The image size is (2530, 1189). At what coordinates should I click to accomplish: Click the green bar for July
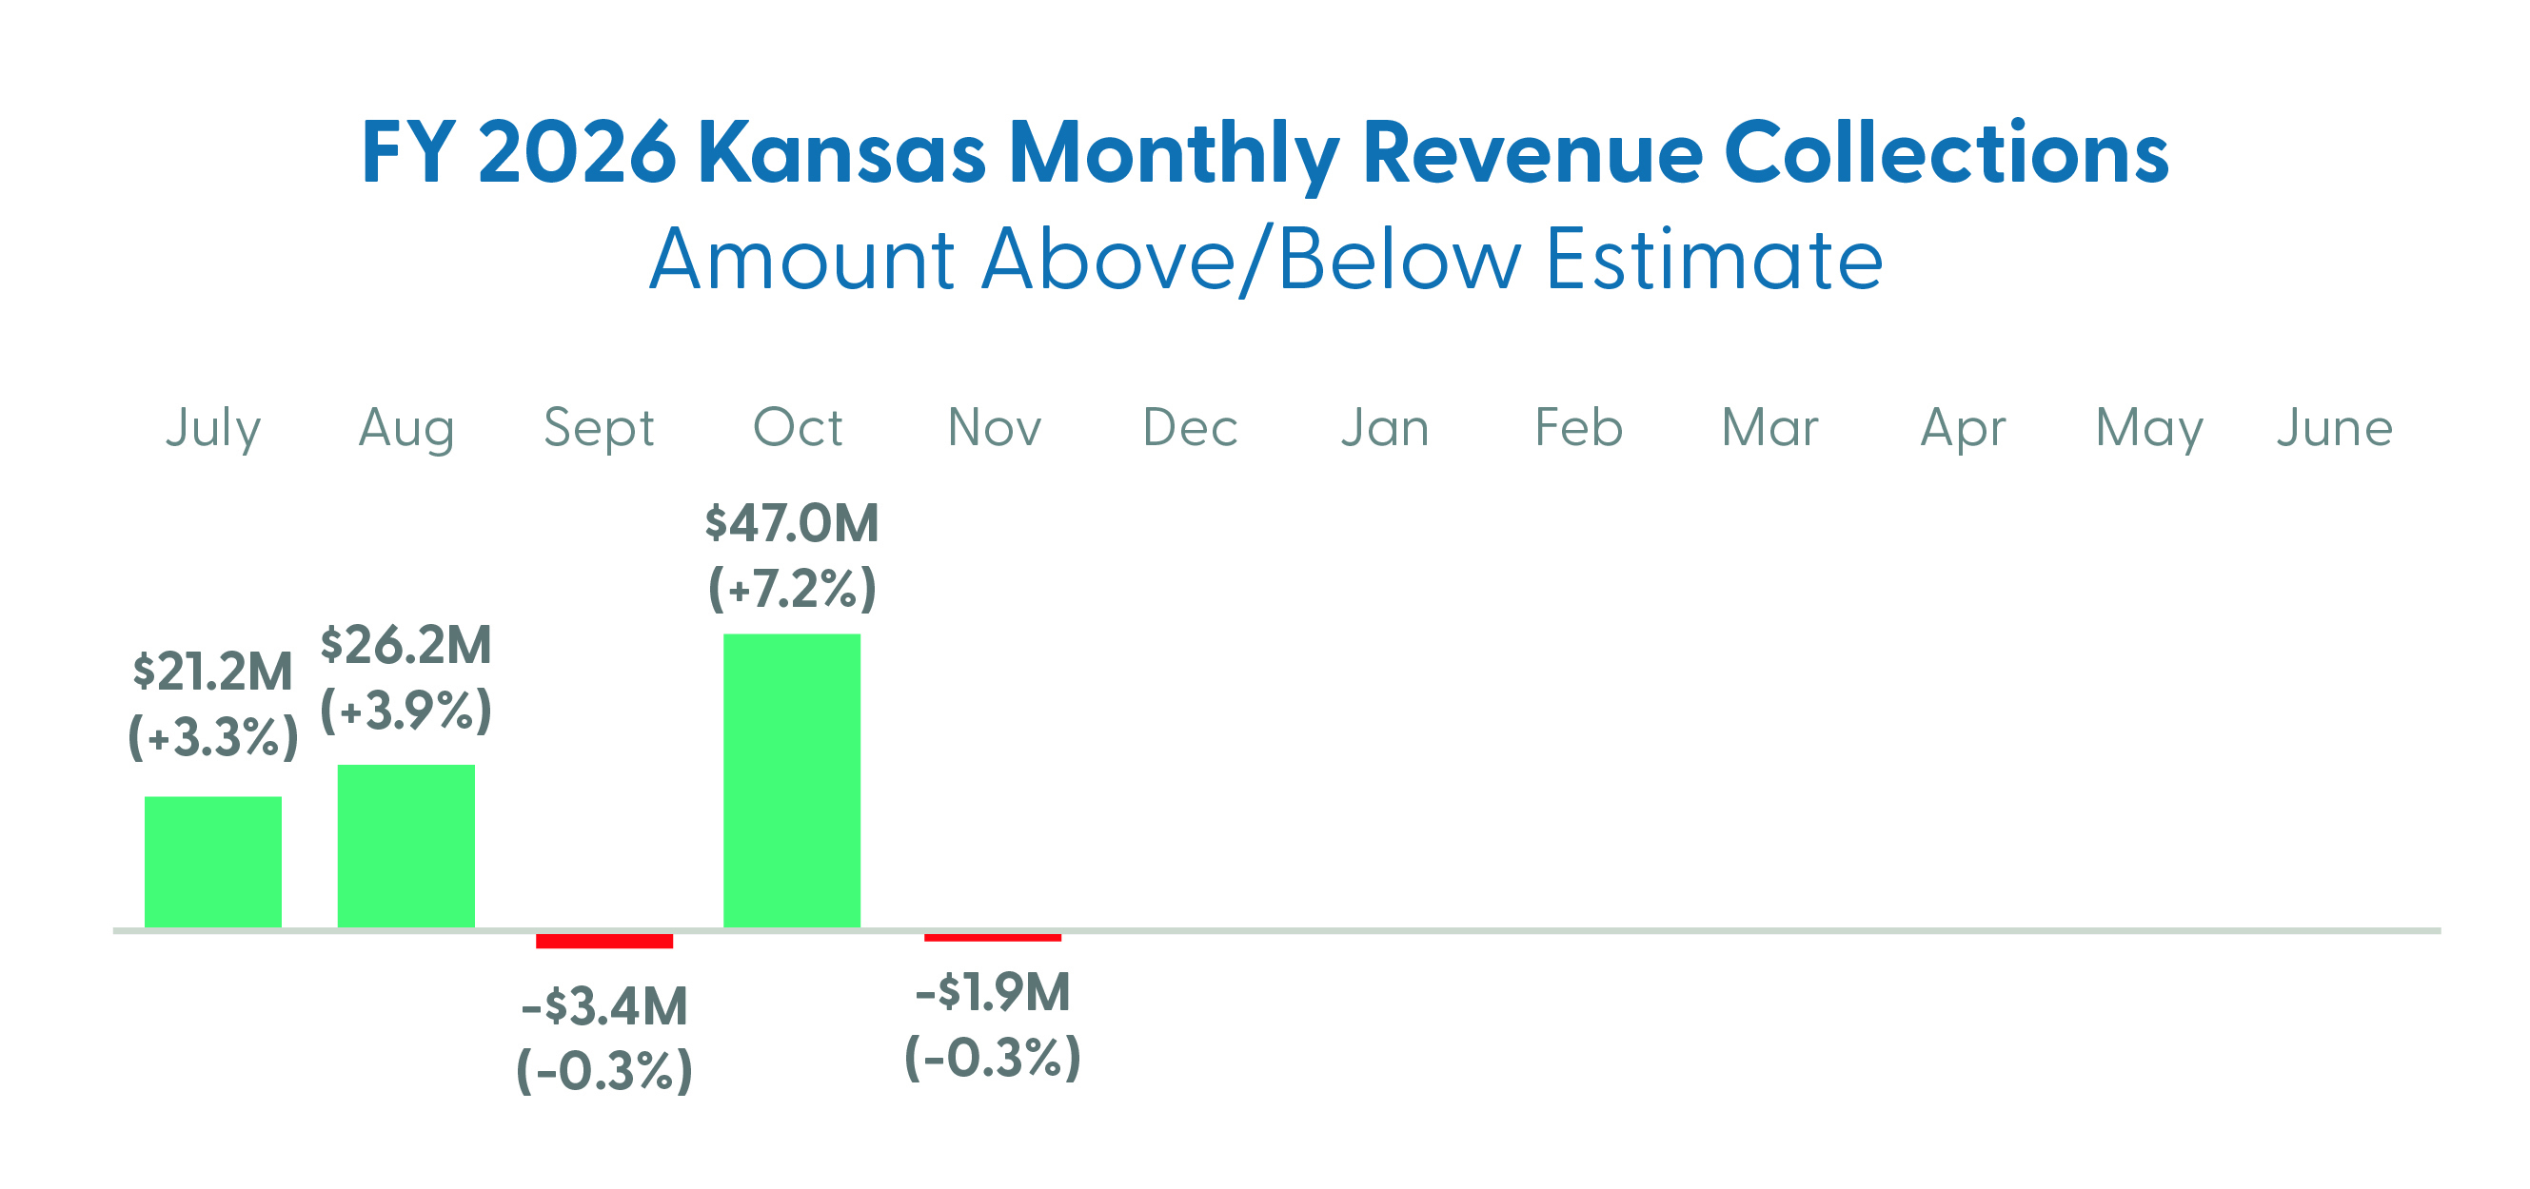click(213, 861)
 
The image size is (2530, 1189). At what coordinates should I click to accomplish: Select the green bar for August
click(405, 846)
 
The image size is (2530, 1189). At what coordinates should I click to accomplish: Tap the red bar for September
click(604, 941)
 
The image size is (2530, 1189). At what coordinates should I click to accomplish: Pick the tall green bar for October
click(792, 781)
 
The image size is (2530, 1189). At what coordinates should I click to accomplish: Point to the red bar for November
click(992, 938)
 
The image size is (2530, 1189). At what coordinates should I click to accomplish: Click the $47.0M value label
click(792, 523)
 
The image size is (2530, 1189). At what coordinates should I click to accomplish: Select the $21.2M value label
click(213, 672)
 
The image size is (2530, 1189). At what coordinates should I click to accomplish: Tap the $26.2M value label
click(405, 646)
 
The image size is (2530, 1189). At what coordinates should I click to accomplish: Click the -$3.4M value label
click(604, 1007)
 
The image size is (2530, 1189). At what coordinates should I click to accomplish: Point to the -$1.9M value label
click(992, 993)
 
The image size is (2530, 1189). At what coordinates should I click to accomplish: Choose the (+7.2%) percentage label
click(792, 589)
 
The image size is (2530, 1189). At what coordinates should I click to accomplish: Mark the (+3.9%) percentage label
click(405, 711)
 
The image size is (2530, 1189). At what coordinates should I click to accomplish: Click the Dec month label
click(1190, 428)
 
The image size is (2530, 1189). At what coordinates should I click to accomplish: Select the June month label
click(2335, 428)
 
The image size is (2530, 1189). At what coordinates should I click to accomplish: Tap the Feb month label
click(1578, 428)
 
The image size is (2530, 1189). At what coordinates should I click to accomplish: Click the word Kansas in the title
click(841, 154)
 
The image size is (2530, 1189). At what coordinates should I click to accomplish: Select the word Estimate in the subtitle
click(1714, 261)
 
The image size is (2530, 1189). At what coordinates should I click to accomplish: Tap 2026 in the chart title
click(578, 154)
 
